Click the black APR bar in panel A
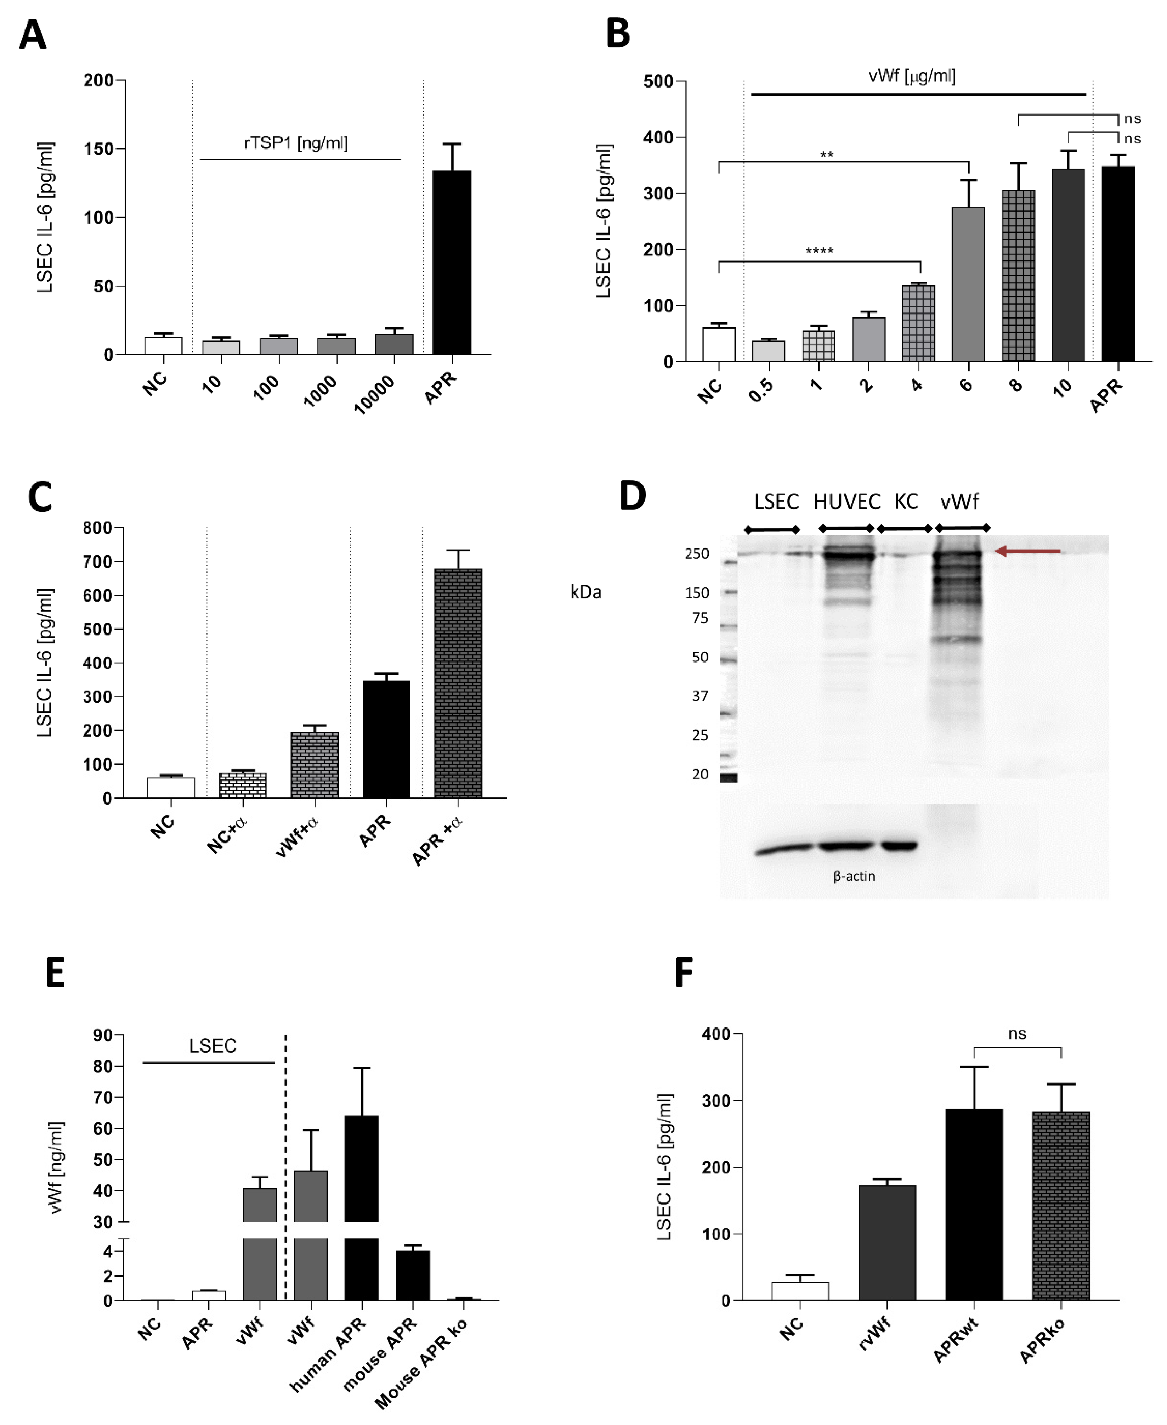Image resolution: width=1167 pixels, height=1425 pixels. [x=451, y=262]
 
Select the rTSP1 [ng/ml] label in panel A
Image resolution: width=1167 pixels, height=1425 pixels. [x=296, y=142]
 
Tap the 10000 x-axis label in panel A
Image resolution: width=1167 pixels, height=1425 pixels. [x=374, y=395]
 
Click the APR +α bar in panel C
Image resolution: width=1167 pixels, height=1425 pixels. [x=458, y=683]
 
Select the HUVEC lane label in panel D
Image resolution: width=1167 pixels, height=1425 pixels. [x=846, y=502]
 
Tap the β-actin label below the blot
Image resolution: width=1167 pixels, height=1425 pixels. [x=854, y=876]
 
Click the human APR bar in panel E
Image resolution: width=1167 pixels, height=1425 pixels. [x=362, y=1187]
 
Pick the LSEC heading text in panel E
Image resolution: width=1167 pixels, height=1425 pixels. [x=213, y=1046]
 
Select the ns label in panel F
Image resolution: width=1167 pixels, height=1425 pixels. [x=1017, y=1033]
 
